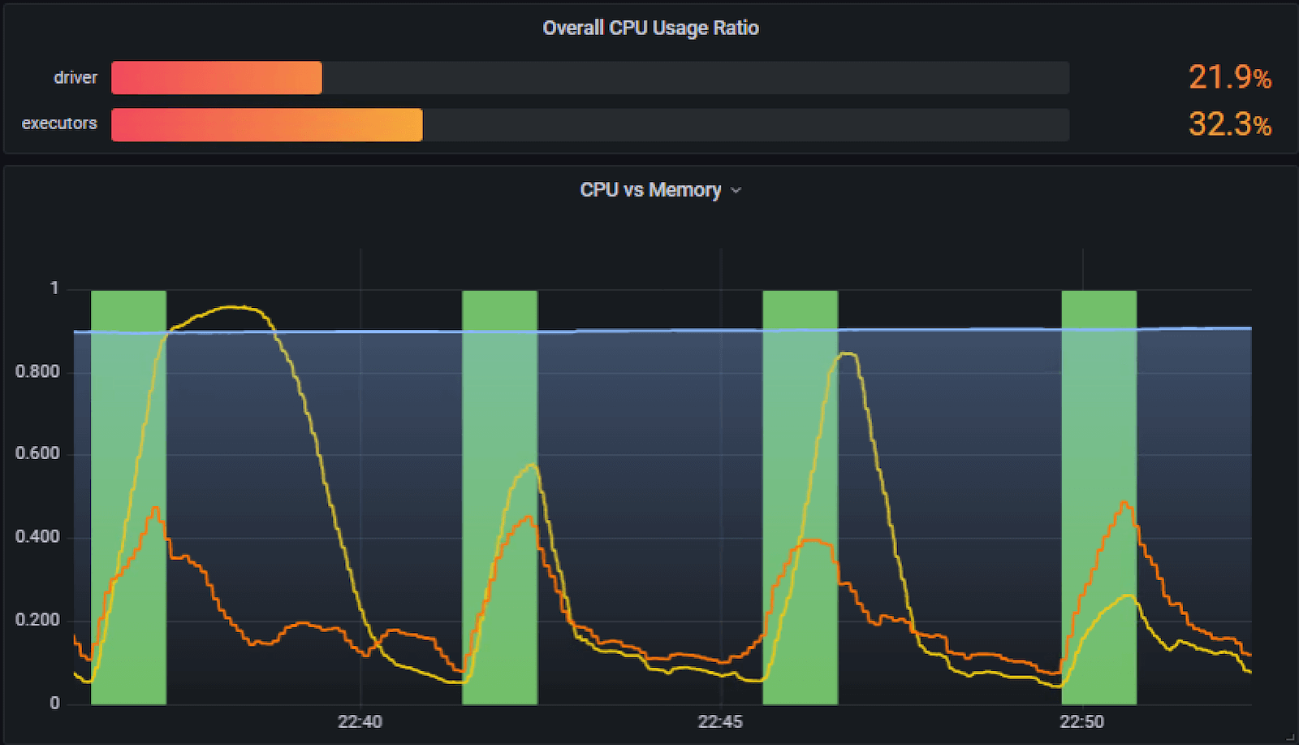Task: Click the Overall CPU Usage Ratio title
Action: pyautogui.click(x=650, y=28)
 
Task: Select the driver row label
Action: pyautogui.click(x=76, y=78)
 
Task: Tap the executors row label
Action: pyautogui.click(x=59, y=123)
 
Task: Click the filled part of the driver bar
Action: pyautogui.click(x=216, y=78)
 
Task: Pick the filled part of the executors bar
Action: pyautogui.click(x=266, y=125)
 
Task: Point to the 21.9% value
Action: pyautogui.click(x=1229, y=78)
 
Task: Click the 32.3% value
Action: pyautogui.click(x=1229, y=124)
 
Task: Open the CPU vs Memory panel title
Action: pyautogui.click(x=650, y=190)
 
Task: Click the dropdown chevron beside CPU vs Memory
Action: pyautogui.click(x=736, y=191)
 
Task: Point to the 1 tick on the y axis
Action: pyautogui.click(x=54, y=288)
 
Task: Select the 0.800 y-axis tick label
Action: pyautogui.click(x=37, y=372)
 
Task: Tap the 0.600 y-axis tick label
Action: pyautogui.click(x=37, y=454)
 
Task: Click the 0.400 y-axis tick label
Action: pyautogui.click(x=37, y=537)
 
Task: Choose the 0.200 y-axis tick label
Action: pyautogui.click(x=37, y=621)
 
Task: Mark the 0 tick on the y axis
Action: pyautogui.click(x=54, y=704)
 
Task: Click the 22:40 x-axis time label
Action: pyautogui.click(x=360, y=721)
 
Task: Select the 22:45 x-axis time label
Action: pyautogui.click(x=720, y=721)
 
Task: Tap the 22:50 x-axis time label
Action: pyautogui.click(x=1081, y=721)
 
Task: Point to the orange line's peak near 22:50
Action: pyautogui.click(x=1124, y=502)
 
